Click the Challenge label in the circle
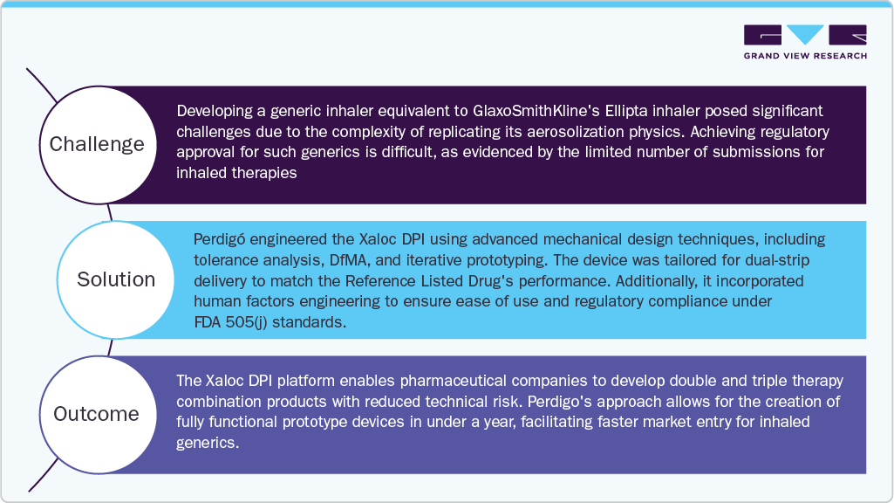click(96, 144)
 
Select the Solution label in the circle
click(116, 279)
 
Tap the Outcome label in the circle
click(96, 414)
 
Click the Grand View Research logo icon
click(805, 35)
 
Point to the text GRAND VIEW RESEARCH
click(805, 56)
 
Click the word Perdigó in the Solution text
click(220, 239)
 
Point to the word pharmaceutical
click(452, 381)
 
